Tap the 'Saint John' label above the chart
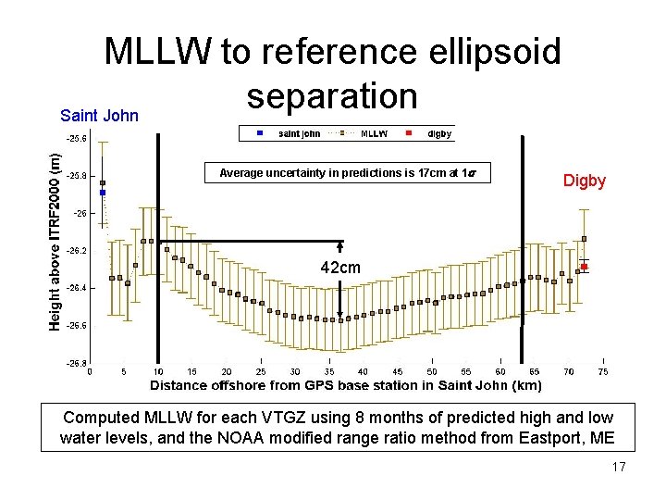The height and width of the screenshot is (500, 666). click(99, 116)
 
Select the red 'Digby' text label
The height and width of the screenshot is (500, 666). click(585, 181)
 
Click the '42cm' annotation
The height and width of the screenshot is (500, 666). click(340, 268)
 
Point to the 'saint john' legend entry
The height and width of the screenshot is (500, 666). click(299, 133)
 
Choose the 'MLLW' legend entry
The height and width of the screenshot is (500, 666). click(373, 133)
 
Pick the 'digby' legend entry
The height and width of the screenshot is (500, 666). click(438, 133)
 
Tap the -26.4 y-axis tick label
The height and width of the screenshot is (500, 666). click(77, 288)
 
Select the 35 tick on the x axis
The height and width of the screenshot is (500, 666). click(329, 372)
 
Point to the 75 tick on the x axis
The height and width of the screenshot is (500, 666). click(603, 372)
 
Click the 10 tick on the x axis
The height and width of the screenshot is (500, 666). click(158, 372)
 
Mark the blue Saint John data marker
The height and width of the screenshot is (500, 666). click(103, 193)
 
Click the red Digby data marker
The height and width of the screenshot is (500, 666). click(585, 267)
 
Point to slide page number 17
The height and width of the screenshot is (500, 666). click(619, 467)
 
